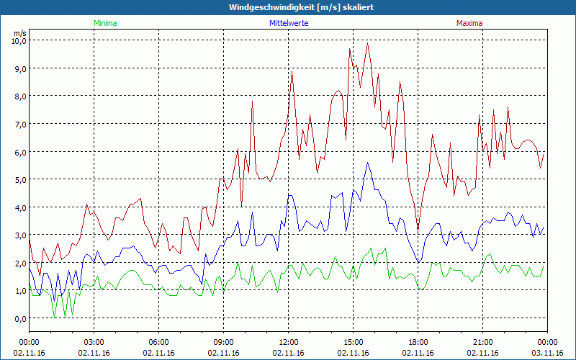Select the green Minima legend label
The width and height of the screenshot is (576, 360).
click(105, 23)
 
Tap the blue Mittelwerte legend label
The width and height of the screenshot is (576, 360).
click(287, 23)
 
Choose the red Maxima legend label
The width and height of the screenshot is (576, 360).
click(469, 23)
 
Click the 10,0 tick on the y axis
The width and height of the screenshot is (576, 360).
click(18, 41)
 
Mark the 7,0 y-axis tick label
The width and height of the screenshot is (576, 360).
click(19, 124)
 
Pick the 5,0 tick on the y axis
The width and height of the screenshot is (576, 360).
click(19, 179)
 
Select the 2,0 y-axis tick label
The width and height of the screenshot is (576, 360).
click(19, 263)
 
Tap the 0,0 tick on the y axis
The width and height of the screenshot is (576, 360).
click(19, 318)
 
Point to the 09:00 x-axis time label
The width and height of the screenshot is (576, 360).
click(224, 342)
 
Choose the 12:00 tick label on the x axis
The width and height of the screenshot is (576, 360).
click(289, 342)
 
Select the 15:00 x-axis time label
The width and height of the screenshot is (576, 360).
click(354, 342)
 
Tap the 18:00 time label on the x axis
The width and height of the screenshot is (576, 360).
click(418, 342)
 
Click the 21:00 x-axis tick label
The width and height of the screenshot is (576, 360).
click(483, 342)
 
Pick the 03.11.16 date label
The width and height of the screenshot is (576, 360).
click(547, 353)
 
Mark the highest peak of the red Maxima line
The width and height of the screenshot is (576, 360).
click(368, 43)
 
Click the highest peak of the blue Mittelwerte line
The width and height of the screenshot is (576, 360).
click(368, 163)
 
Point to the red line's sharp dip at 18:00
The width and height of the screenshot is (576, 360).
click(418, 229)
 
